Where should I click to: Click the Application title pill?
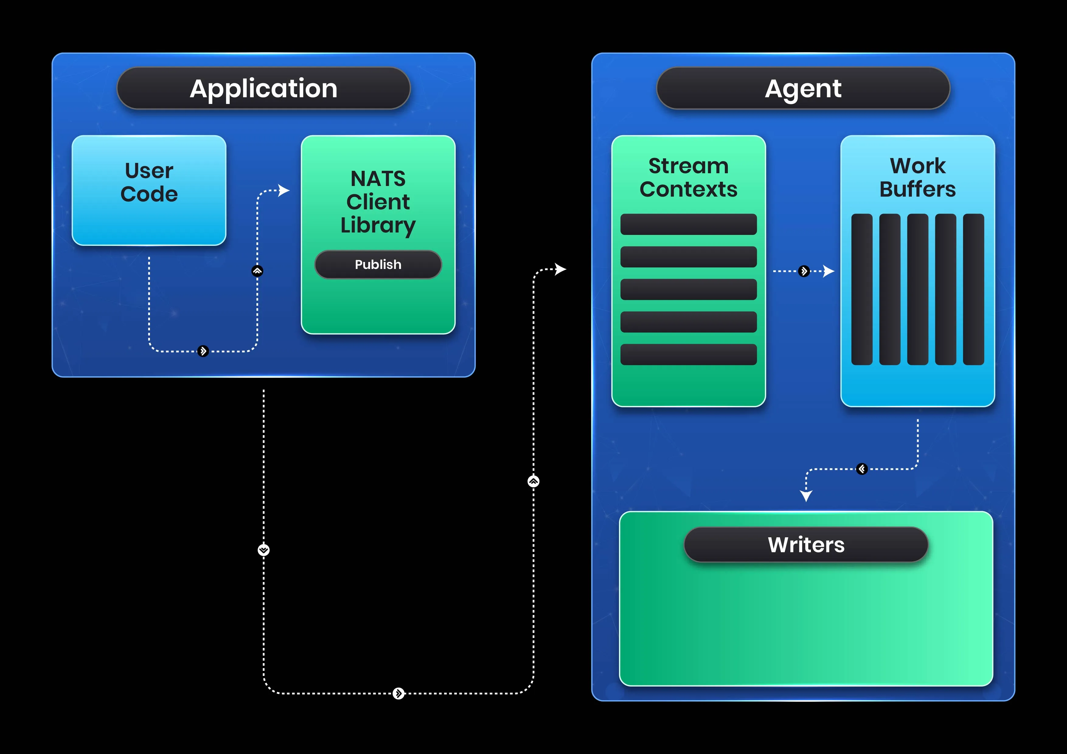(x=263, y=88)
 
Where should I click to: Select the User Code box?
(x=149, y=190)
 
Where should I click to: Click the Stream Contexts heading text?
(x=688, y=177)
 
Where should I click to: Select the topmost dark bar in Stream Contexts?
(x=688, y=224)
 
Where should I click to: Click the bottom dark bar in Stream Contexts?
(x=688, y=354)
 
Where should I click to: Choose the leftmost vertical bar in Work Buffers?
(x=862, y=289)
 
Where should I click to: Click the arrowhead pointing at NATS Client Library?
(x=284, y=190)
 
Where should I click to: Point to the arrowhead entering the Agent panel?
(x=561, y=269)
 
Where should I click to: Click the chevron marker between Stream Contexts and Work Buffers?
(x=804, y=271)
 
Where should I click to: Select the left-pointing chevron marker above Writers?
(x=862, y=469)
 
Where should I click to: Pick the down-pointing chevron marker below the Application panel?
(x=263, y=550)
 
